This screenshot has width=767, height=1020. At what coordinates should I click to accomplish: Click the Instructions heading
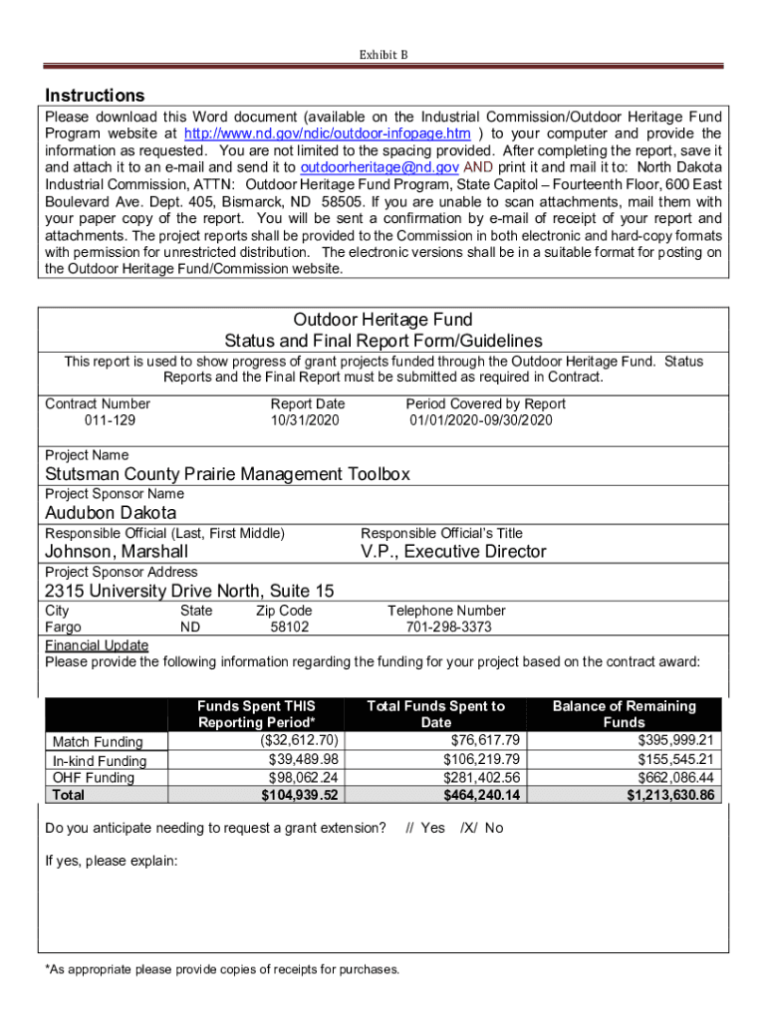coord(95,96)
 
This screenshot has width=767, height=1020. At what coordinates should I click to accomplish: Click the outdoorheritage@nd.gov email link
coord(380,167)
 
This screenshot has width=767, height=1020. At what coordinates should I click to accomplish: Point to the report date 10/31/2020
coord(305,420)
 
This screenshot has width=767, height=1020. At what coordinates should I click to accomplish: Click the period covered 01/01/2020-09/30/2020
coord(481,420)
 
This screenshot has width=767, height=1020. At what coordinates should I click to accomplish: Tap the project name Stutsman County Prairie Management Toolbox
coord(227,474)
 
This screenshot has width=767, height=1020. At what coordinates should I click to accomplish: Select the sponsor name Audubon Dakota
coord(111,513)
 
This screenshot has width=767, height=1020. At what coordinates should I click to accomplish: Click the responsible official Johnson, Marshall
coord(117,552)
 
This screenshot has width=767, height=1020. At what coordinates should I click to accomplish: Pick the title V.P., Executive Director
coord(453,552)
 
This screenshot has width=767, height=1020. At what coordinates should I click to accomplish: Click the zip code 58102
coord(290,628)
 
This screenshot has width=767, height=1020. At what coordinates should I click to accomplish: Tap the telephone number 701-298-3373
coord(448,628)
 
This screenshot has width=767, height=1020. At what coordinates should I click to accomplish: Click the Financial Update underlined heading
coord(97,644)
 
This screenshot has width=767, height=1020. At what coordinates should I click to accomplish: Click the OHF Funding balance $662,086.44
coord(676,777)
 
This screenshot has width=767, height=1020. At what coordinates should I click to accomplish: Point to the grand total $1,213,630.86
coord(670,795)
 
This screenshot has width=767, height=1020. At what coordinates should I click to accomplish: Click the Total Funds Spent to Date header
coord(435,714)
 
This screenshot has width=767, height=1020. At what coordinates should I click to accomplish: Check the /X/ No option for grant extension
coord(481,828)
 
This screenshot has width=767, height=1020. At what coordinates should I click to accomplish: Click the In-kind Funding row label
coord(99,761)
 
